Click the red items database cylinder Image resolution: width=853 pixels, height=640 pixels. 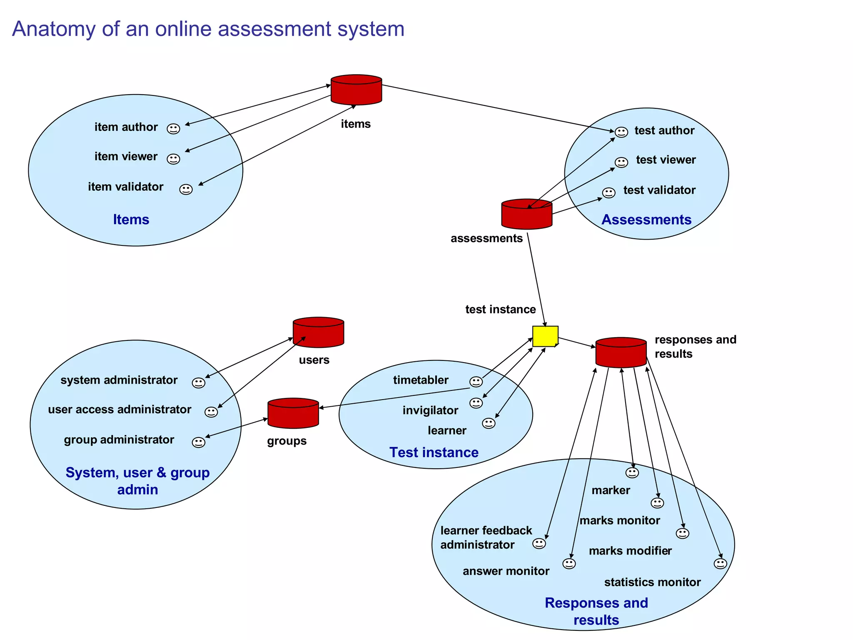[356, 90]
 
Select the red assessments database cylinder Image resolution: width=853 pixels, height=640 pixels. [526, 214]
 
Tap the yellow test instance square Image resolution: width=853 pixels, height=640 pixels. [545, 336]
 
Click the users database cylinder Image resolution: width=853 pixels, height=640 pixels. [318, 332]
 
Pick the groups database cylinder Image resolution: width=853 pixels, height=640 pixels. [293, 413]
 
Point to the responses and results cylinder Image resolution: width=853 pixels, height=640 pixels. [621, 352]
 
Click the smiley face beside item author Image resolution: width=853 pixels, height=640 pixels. [173, 129]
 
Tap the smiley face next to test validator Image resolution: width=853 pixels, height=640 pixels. [609, 192]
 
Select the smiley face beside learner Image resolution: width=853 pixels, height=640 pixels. [489, 423]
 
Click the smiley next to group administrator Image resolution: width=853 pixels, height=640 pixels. [198, 442]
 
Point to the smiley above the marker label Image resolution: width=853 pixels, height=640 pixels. [632, 472]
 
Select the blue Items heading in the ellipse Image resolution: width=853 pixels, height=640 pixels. [131, 220]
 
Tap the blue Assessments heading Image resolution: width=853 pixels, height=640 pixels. [646, 220]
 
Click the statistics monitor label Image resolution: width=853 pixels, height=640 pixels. [652, 582]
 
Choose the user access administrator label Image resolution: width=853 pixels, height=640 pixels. [120, 409]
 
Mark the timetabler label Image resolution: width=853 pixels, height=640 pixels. [421, 380]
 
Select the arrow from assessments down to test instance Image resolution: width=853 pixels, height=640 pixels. [536, 279]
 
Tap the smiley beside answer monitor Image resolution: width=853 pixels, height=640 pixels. [569, 564]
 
